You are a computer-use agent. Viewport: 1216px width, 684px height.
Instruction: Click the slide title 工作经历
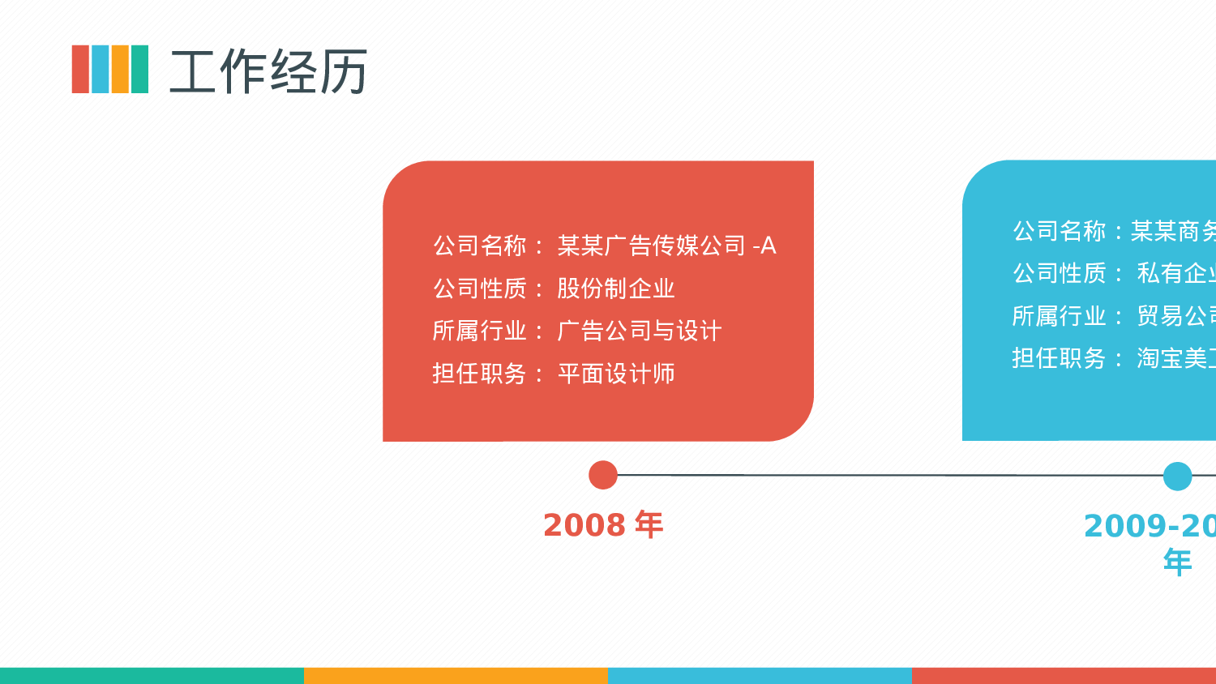268,71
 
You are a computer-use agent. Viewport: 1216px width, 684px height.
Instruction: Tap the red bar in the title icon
80,70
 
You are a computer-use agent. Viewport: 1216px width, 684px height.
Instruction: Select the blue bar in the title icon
100,70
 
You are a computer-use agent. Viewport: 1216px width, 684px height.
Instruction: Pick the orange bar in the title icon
120,70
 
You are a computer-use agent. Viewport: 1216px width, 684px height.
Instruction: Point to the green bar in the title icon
139,70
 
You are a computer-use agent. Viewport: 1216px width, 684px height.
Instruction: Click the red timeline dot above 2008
603,475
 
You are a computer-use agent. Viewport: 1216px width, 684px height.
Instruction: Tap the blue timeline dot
1177,477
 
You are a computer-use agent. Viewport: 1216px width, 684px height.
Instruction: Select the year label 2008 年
603,525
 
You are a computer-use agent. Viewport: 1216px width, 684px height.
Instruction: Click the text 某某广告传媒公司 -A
666,246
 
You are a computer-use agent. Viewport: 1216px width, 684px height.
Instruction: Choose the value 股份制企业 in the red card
616,289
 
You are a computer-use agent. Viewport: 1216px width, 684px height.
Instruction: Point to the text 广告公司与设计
640,331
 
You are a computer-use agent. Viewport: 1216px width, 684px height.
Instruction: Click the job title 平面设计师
616,374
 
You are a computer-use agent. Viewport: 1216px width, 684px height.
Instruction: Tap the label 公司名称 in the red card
480,246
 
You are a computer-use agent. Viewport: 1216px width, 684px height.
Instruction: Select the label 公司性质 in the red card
480,289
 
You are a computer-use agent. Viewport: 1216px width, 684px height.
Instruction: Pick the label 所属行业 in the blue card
1059,316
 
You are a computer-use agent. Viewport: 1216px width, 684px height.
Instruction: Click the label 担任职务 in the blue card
1059,358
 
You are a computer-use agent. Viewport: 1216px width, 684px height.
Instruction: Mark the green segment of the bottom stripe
152,676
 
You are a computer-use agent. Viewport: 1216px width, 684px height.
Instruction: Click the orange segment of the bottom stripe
456,676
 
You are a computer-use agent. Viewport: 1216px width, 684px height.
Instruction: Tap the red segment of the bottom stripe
1064,676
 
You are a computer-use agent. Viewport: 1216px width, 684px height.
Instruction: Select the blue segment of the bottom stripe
760,676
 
